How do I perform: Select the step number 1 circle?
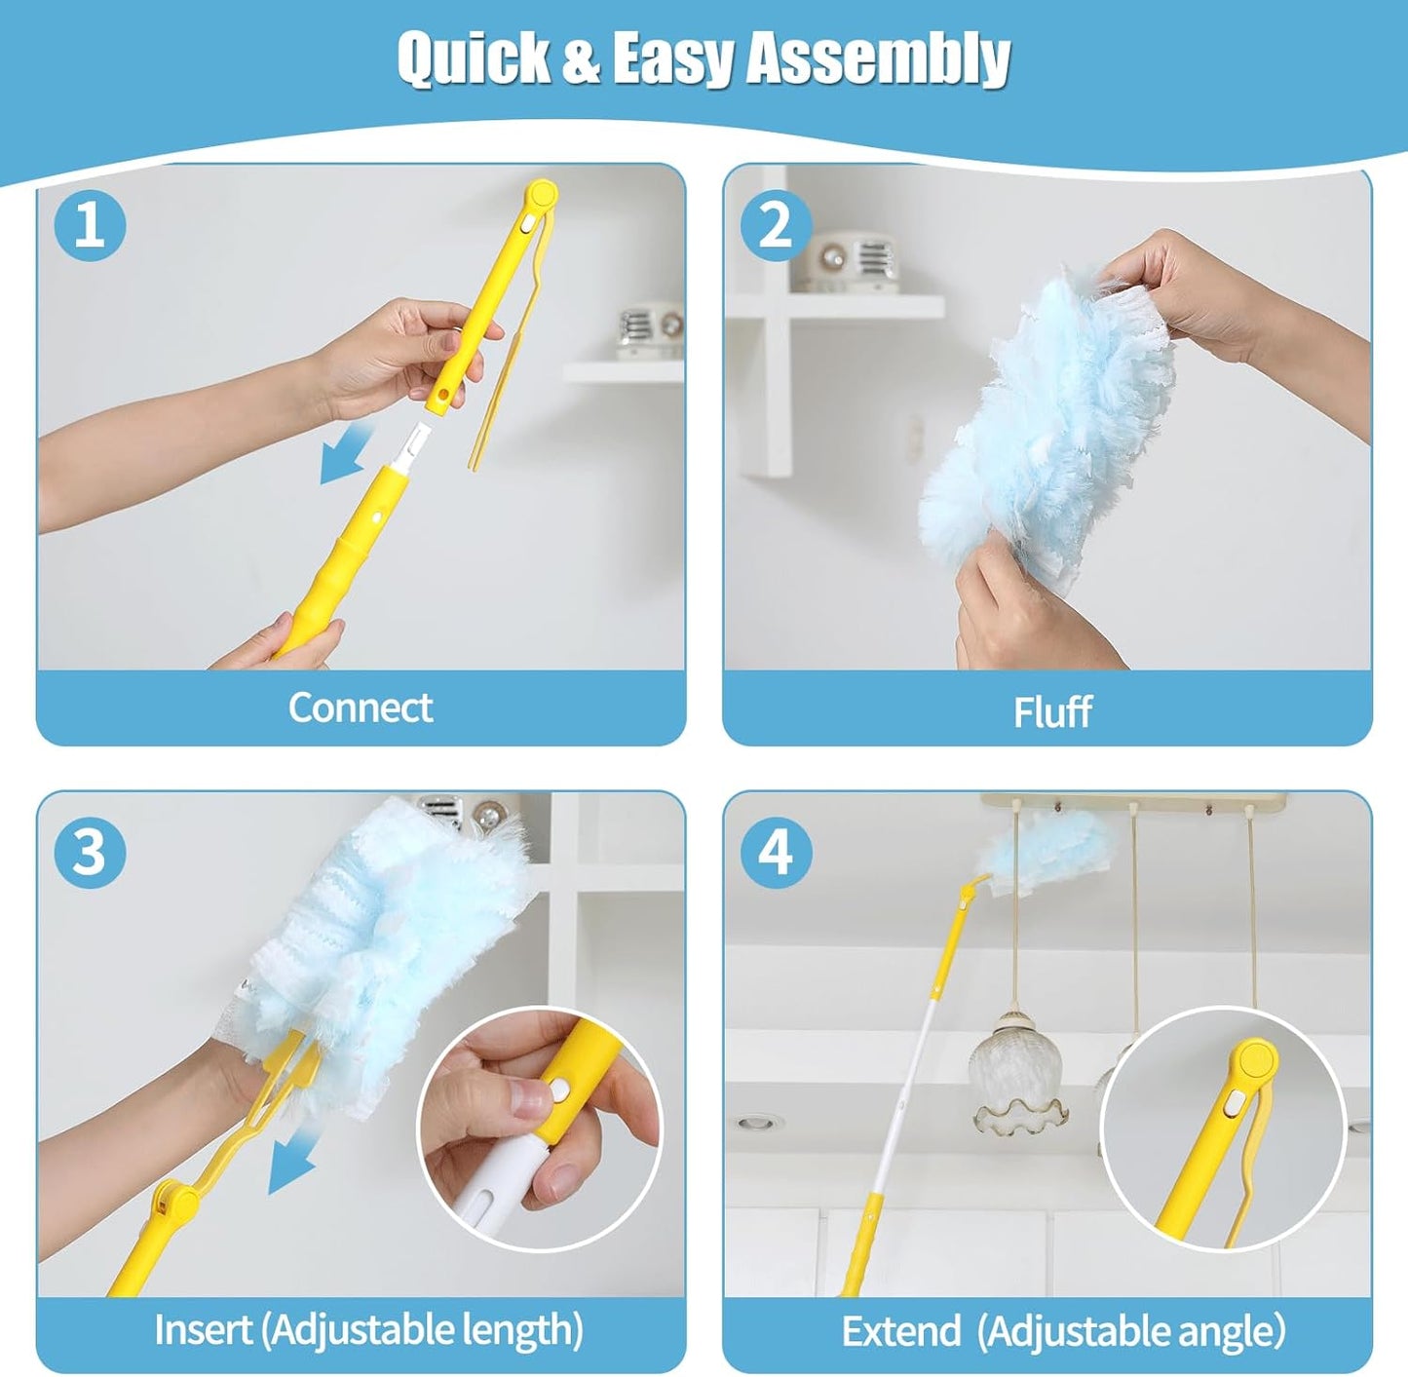[90, 224]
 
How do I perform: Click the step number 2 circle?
[776, 224]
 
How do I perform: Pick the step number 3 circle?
[90, 852]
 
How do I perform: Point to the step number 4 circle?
[776, 852]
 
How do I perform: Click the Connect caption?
[360, 708]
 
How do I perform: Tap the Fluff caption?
[1051, 711]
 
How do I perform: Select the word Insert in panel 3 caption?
[203, 1329]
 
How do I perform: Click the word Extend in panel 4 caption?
[900, 1331]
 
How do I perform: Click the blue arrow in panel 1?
[346, 454]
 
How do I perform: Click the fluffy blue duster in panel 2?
[1043, 429]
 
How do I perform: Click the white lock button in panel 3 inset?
[560, 1091]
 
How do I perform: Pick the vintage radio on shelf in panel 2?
[848, 260]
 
